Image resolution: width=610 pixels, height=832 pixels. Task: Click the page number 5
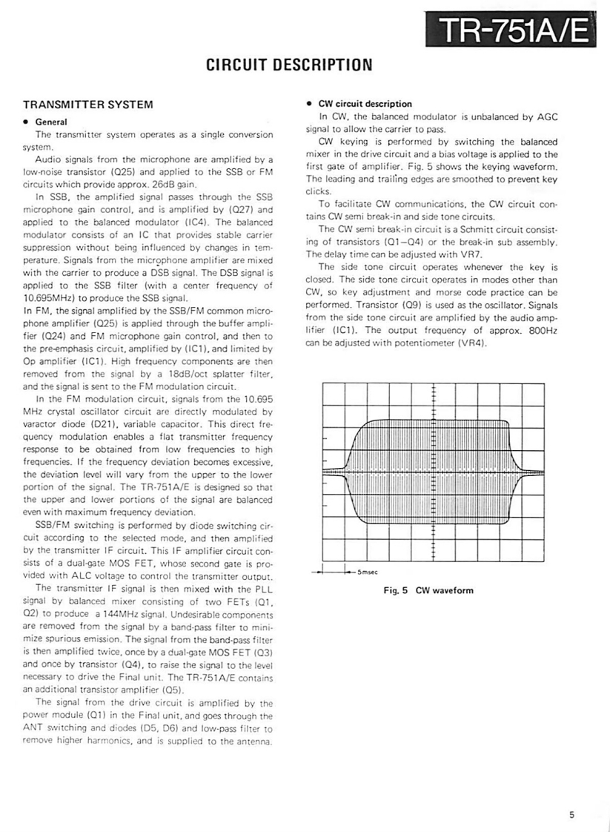571,815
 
